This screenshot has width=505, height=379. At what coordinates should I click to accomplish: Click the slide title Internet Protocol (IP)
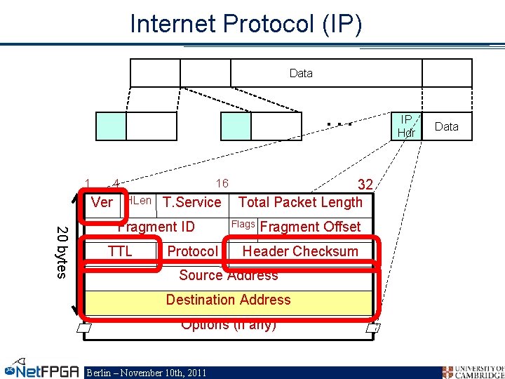click(x=246, y=24)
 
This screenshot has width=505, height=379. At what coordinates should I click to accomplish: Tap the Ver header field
click(x=102, y=203)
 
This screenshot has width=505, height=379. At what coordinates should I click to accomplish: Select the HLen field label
click(x=140, y=201)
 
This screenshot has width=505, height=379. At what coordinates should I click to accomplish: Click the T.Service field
click(x=191, y=203)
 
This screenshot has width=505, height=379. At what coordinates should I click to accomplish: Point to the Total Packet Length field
click(x=300, y=203)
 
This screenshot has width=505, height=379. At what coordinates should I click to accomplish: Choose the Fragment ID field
click(x=156, y=227)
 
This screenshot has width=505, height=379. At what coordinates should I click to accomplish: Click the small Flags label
click(x=243, y=225)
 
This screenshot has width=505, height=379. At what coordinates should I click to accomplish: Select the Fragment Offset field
click(x=310, y=227)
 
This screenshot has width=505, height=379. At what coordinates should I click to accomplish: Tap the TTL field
click(x=120, y=251)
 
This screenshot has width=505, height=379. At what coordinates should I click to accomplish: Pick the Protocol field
click(x=192, y=251)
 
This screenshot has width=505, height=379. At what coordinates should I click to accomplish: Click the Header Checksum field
click(x=300, y=251)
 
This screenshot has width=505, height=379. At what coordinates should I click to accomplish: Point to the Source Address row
click(x=228, y=276)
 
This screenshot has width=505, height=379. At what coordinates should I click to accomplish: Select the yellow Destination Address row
click(x=228, y=300)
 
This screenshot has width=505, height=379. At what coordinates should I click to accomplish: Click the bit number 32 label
click(x=365, y=185)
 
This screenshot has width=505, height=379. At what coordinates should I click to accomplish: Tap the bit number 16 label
click(x=222, y=184)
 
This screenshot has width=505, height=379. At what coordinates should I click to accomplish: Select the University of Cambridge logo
click(x=473, y=371)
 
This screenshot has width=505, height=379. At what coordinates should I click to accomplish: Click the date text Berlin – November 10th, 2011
click(x=146, y=373)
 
